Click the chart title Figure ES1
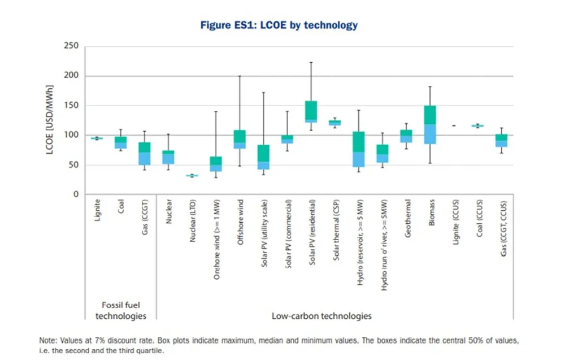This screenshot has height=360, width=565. [x=279, y=25]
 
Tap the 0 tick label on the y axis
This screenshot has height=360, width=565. [x=75, y=194]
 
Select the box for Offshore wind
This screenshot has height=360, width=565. [x=240, y=139]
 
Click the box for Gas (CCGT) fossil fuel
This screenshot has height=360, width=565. [x=145, y=153]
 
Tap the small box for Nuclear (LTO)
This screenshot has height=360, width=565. [x=192, y=176]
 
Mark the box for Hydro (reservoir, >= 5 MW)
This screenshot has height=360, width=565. [x=359, y=149]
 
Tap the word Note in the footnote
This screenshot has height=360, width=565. [x=48, y=340]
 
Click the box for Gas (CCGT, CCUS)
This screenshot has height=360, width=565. [x=502, y=140]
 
